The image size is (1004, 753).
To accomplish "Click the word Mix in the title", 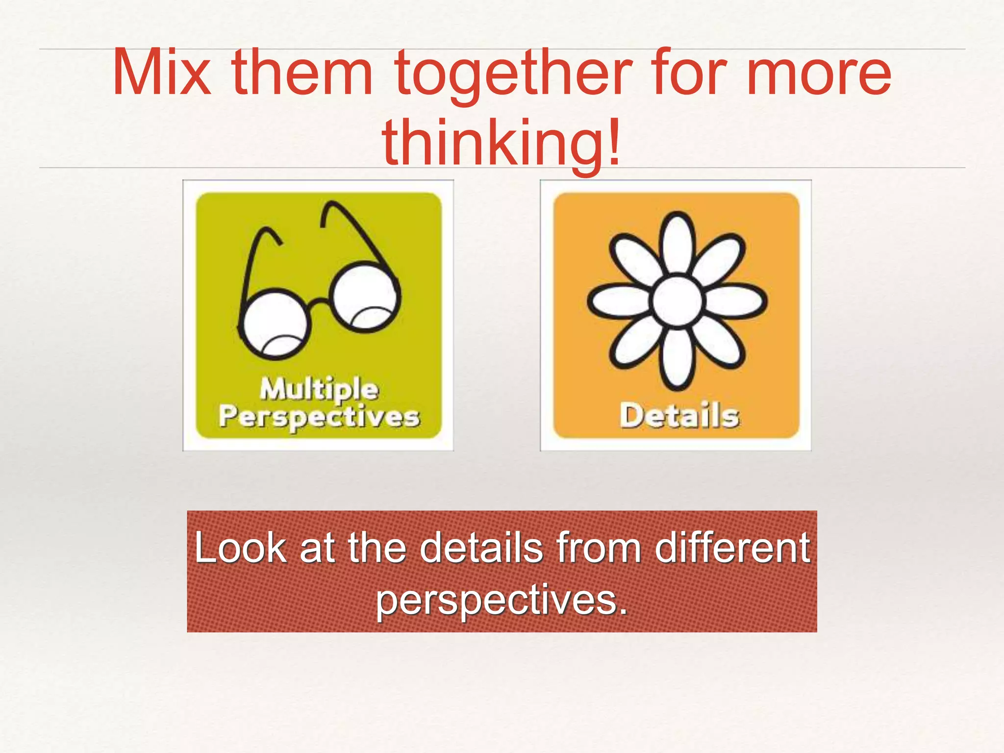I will (x=161, y=74).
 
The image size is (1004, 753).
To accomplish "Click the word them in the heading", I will (x=302, y=74).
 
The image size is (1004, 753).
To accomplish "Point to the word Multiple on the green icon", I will (x=319, y=389).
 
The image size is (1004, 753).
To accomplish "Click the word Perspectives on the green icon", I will (x=319, y=417).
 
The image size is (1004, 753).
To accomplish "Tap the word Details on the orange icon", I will (x=679, y=416).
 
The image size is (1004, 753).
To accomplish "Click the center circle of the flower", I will (x=678, y=301).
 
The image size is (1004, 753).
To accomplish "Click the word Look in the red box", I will (x=241, y=548).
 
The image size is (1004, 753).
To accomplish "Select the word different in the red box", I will (x=732, y=548).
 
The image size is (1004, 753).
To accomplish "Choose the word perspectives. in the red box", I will (x=502, y=601).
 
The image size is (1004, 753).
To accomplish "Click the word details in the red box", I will (x=482, y=548).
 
